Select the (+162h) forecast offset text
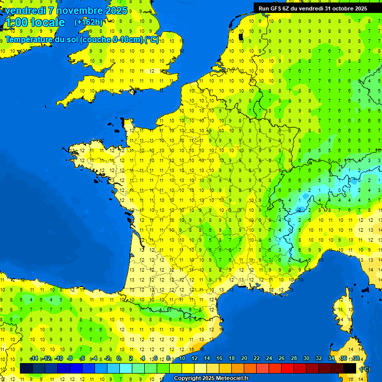(89, 22)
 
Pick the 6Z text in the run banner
(286, 8)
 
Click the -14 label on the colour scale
(34, 359)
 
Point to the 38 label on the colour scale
(356, 359)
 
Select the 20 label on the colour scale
(244, 359)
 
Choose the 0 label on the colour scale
(119, 359)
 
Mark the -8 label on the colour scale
(70, 359)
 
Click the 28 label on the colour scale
(294, 359)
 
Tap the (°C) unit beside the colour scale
(365, 369)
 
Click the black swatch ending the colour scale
(350, 368)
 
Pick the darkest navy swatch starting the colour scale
(26, 368)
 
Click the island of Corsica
(342, 313)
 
